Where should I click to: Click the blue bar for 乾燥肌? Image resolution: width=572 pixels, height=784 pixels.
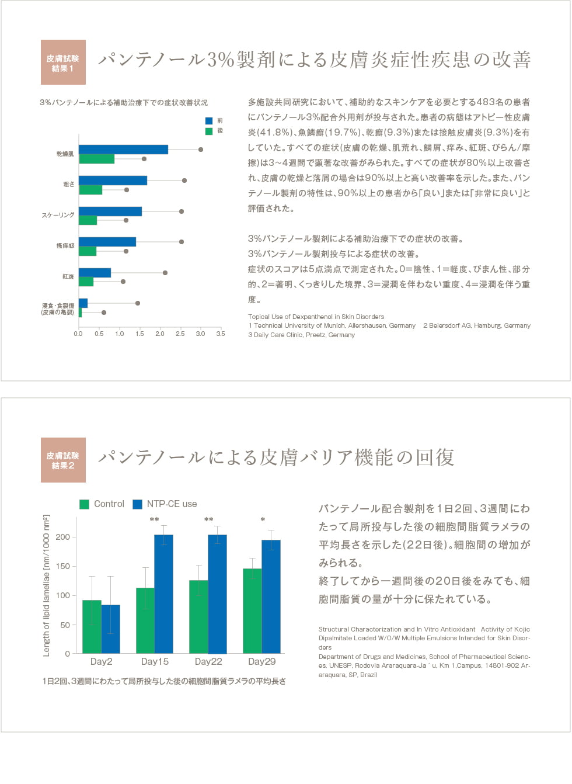(x=123, y=150)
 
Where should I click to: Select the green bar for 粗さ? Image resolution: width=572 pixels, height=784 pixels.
(x=90, y=190)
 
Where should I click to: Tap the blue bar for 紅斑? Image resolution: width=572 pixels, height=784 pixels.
(x=95, y=273)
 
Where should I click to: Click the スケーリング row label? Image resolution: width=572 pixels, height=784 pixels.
(x=58, y=215)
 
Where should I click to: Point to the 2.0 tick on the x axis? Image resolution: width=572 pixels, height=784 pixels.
(x=160, y=334)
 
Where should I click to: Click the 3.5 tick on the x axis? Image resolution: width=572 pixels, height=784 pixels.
(x=220, y=334)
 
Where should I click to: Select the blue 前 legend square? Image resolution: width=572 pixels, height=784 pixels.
(x=209, y=121)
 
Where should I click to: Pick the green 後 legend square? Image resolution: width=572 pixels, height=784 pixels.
(x=209, y=131)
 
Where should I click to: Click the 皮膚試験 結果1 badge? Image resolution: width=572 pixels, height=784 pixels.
(x=63, y=63)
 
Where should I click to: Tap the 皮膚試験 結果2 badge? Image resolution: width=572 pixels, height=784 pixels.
(x=63, y=460)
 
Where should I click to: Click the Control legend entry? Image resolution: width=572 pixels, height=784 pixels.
(x=102, y=504)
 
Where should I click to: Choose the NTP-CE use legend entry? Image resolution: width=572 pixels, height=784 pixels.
(x=165, y=504)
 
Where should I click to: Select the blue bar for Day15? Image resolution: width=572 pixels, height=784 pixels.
(x=163, y=594)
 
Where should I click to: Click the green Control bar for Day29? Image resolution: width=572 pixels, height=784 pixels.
(x=252, y=610)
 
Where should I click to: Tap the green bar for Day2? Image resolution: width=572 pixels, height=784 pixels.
(x=92, y=626)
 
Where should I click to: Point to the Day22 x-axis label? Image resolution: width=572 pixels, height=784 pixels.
(x=208, y=661)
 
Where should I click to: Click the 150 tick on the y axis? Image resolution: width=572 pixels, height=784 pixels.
(x=63, y=566)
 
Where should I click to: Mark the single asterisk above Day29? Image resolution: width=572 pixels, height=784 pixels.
(x=263, y=520)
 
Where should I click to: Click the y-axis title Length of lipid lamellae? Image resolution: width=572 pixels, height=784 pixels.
(x=47, y=585)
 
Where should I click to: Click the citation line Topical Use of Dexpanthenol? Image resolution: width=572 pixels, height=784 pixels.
(x=316, y=317)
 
